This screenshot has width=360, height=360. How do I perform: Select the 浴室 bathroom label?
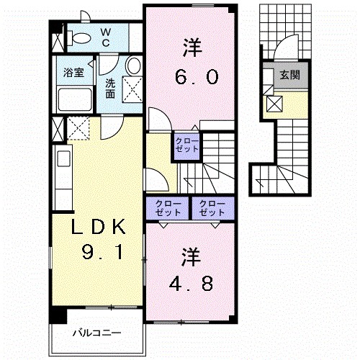[x=73, y=73]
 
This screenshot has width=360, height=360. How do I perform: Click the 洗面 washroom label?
[x=111, y=88]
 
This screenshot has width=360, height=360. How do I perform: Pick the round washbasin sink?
[x=132, y=67]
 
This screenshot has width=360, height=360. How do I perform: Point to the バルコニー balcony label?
[x=97, y=333]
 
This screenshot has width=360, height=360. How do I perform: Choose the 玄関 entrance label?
[x=290, y=75]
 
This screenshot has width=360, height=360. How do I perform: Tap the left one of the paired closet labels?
[x=166, y=207]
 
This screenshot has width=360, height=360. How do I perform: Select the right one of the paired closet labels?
[x=212, y=207]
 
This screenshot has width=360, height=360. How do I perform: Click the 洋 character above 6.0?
[x=191, y=50]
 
